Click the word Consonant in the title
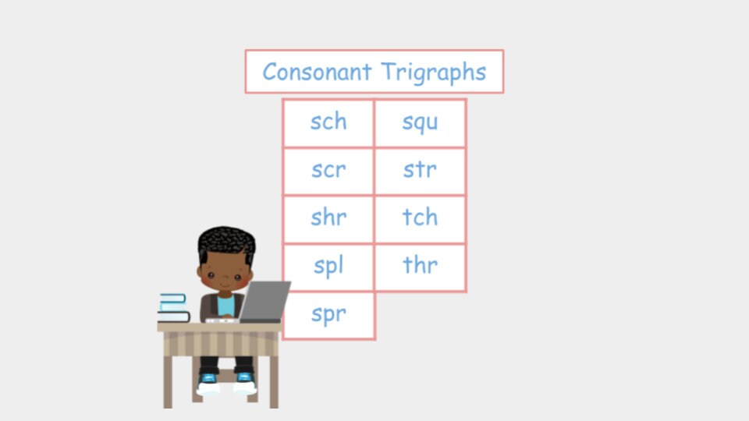click(317, 72)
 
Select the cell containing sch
click(328, 122)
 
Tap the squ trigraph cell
click(421, 122)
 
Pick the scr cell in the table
click(328, 171)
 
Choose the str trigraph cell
click(421, 171)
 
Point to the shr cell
click(328, 219)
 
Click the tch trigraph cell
click(421, 219)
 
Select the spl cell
click(328, 267)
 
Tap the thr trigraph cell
click(421, 267)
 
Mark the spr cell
click(328, 315)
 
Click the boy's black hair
click(226, 242)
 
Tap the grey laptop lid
click(264, 301)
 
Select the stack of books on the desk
click(173, 308)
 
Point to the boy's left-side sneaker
click(208, 384)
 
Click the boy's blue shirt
click(226, 306)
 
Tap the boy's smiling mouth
click(225, 285)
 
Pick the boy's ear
click(200, 272)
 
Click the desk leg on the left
click(168, 381)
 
